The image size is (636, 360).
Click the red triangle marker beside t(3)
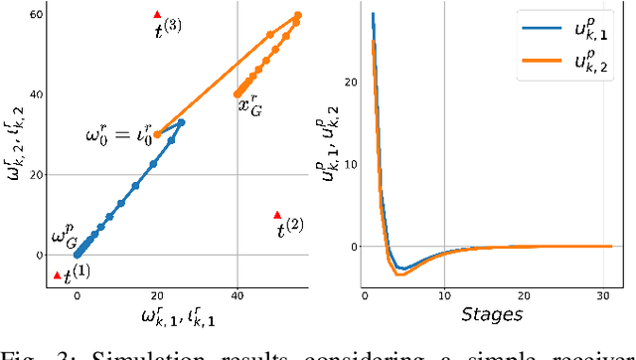point(157,14)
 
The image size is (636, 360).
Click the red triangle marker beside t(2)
point(277,215)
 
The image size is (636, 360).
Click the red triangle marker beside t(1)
point(57,275)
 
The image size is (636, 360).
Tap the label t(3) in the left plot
point(167,29)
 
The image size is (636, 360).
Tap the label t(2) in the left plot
point(290,229)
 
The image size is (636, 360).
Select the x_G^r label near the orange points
point(248,103)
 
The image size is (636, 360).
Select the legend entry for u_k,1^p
point(585,32)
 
